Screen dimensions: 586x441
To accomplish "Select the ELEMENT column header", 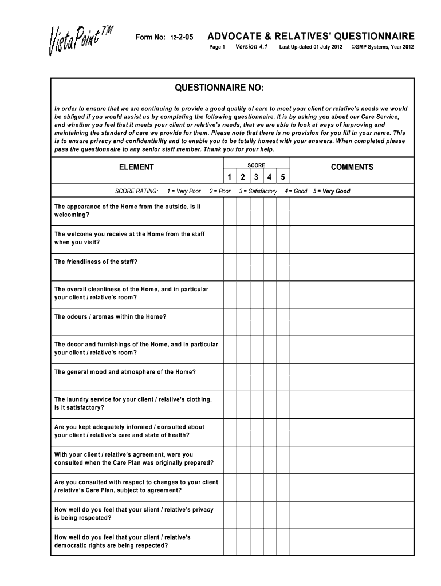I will point(136,167).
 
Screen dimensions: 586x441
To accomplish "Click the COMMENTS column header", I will point(352,167).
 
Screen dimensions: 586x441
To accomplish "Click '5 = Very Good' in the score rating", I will point(332,191).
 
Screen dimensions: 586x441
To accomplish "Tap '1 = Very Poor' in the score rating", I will point(183,191).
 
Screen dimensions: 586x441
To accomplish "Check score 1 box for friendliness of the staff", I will point(229,267).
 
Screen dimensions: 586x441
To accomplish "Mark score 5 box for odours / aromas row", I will point(283,322).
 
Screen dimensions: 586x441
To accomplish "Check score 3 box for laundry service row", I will point(256,405).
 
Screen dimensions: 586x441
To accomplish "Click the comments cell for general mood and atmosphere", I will point(352,377).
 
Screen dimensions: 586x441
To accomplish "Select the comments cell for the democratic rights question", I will point(352,542).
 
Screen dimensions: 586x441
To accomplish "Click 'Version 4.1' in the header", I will point(251,46).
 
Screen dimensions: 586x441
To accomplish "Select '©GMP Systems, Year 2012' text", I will point(382,47).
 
